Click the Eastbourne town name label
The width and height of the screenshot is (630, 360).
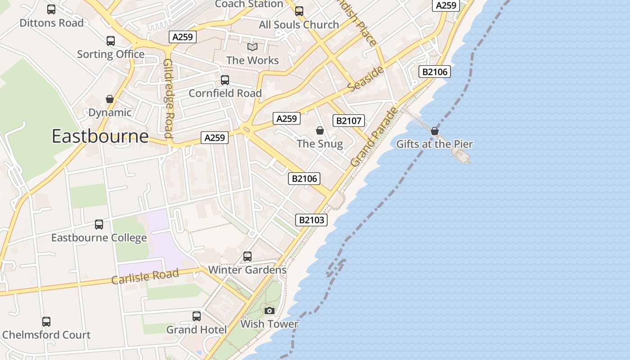[x=100, y=136]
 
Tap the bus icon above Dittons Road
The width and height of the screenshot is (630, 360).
[x=51, y=9]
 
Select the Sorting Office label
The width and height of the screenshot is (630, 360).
[x=111, y=54]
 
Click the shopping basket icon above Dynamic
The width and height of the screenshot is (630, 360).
[x=110, y=99]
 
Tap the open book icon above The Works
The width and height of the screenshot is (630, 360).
[x=252, y=47]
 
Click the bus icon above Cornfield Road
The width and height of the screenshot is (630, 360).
[x=225, y=80]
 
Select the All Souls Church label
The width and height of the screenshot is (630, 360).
[x=299, y=25]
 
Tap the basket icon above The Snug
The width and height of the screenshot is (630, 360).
[x=320, y=130]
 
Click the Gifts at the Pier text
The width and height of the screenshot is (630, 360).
[x=434, y=144]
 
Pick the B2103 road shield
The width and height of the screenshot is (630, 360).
[x=311, y=220]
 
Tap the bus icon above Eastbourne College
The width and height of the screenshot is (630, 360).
[x=99, y=224]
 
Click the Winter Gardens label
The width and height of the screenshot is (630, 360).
[x=247, y=270]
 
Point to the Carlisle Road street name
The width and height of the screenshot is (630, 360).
[x=145, y=276]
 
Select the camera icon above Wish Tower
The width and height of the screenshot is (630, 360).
[x=269, y=310]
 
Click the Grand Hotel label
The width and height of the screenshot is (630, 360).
[x=197, y=330]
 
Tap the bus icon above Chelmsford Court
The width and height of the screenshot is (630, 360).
[x=46, y=322]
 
